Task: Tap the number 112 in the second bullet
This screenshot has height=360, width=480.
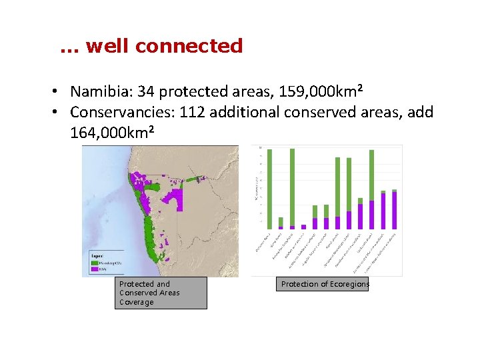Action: tap(192, 113)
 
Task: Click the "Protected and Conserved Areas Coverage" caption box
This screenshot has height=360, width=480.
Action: tap(160, 293)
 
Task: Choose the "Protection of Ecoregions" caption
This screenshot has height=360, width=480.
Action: tap(325, 284)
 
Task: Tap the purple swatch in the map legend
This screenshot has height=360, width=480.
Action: tap(93, 270)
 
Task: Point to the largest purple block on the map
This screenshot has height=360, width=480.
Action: tap(175, 199)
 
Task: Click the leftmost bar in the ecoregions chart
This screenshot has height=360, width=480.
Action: tap(269, 189)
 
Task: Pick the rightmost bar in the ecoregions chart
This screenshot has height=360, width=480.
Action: tap(394, 209)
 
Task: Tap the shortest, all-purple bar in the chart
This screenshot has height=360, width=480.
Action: tap(303, 227)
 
